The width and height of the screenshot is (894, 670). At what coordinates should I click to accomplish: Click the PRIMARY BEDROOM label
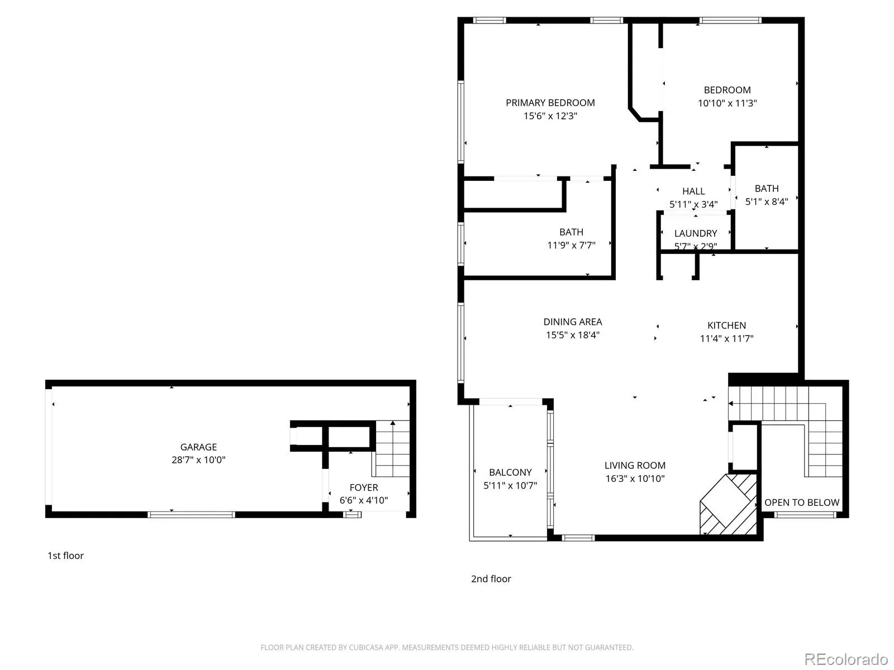tap(550, 103)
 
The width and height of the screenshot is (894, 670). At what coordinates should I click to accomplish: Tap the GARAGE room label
tap(198, 447)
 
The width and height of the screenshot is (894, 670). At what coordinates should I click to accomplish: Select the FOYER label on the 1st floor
tap(363, 487)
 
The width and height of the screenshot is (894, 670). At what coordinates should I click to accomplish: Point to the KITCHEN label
tap(726, 325)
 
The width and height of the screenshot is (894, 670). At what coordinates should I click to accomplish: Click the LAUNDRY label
tap(695, 233)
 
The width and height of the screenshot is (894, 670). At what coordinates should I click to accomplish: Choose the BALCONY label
tap(510, 472)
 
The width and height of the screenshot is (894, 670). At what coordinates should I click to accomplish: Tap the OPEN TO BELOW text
tap(801, 502)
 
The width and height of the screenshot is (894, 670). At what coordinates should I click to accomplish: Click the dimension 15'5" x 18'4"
tap(572, 335)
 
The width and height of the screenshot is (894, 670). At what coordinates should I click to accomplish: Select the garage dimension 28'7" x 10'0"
tap(198, 460)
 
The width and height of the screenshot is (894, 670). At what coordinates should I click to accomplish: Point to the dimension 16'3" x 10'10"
tap(635, 478)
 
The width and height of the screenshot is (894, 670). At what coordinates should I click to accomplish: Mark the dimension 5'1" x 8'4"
tap(766, 202)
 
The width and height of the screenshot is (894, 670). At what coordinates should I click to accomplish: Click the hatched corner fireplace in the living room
tap(728, 504)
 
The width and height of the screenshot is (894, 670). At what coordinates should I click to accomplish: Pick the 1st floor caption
tap(65, 556)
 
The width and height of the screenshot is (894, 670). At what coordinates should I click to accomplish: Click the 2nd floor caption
tap(491, 578)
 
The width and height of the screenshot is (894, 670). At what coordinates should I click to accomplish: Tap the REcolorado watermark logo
tap(846, 659)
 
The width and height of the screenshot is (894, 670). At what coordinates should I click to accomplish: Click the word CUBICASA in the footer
tap(366, 647)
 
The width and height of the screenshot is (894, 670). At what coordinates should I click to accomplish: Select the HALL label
tap(693, 191)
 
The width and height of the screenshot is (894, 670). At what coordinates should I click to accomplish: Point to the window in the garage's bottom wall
tap(191, 515)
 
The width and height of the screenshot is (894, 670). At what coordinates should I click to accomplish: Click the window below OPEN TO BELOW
tap(805, 515)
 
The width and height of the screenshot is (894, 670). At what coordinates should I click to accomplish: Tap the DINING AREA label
tap(572, 322)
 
